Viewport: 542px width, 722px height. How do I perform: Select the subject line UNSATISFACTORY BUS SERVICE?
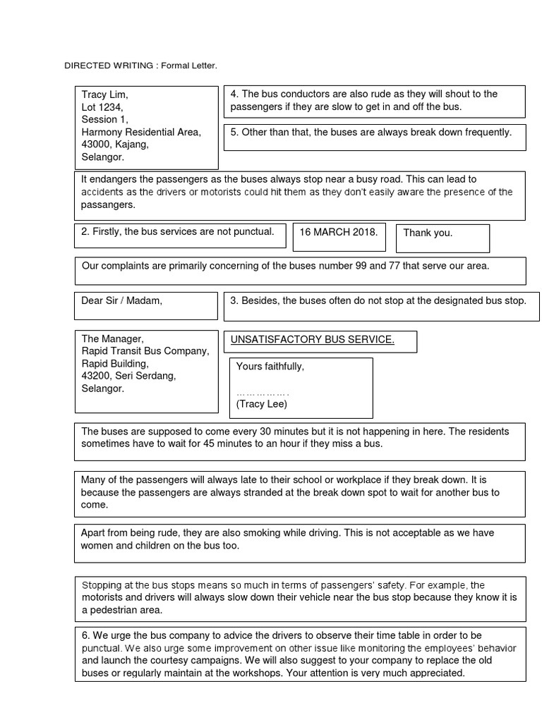(x=312, y=340)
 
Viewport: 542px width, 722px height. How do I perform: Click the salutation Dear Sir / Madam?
(x=121, y=300)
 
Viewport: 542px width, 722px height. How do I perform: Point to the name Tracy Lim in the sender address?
(x=105, y=94)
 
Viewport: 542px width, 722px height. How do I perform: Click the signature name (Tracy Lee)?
(x=262, y=404)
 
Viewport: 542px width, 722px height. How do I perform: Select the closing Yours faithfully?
(x=270, y=367)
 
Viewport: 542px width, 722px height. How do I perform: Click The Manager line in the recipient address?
(x=112, y=339)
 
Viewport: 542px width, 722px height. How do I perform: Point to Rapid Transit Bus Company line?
(x=145, y=351)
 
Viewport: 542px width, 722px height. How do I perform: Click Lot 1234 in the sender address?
(x=102, y=107)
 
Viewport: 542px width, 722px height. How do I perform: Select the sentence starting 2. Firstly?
(x=178, y=232)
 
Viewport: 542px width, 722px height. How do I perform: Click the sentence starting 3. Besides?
(x=378, y=300)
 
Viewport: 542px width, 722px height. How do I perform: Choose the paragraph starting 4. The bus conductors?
(x=363, y=100)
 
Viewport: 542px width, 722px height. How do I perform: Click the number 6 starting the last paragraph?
(x=85, y=635)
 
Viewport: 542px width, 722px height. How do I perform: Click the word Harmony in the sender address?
(x=101, y=132)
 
